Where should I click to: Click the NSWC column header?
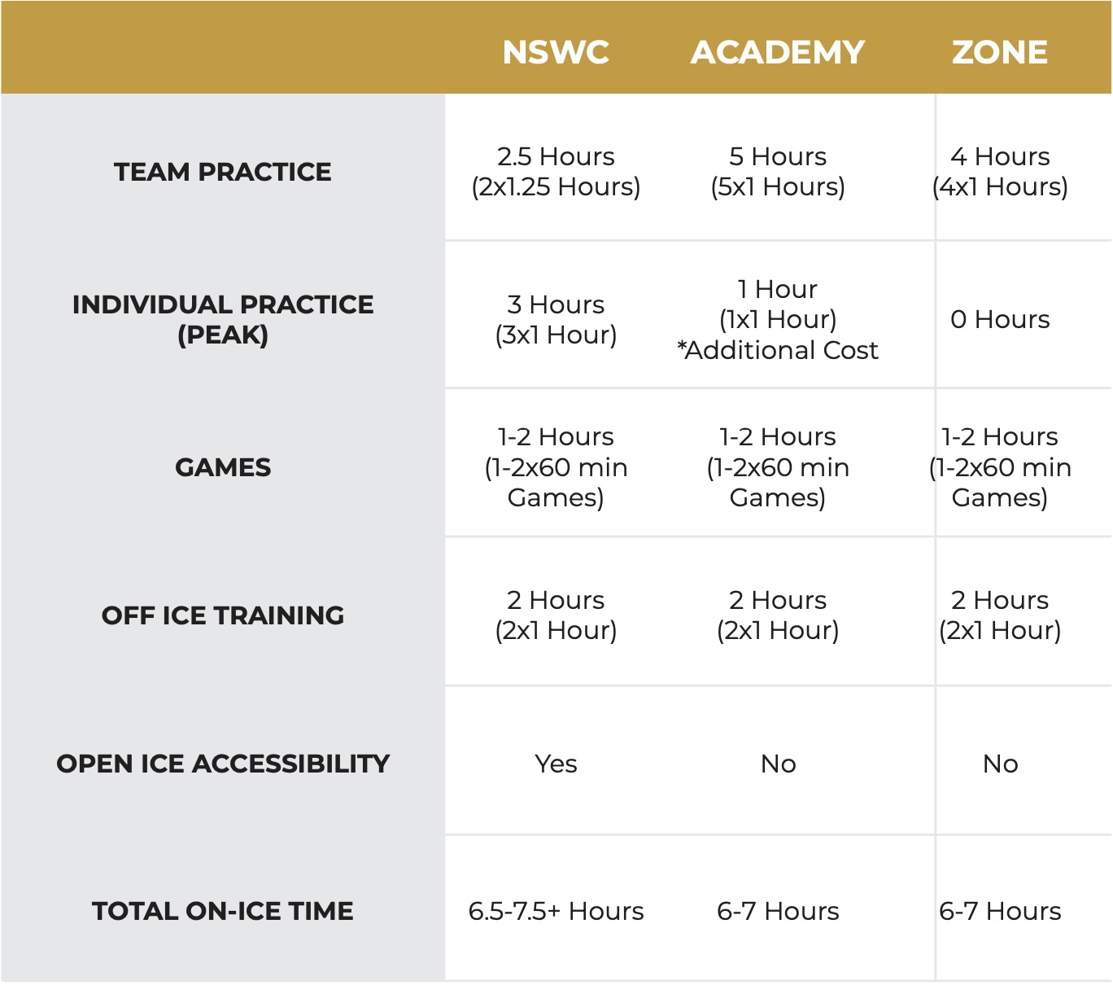pos(556,52)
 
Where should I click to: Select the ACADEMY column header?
pos(777,52)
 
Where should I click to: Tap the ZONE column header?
pos(999,52)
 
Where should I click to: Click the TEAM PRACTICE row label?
pos(222,172)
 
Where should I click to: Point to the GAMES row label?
pos(222,468)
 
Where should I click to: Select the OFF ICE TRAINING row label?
pos(222,615)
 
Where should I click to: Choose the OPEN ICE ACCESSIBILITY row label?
pos(222,764)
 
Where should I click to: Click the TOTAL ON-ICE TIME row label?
pos(222,911)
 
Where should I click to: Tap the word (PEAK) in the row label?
pos(222,335)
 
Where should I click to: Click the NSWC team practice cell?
pos(556,172)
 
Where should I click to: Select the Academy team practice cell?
pos(777,172)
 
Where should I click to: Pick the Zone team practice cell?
pos(1000,172)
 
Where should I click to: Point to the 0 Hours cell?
pos(1000,319)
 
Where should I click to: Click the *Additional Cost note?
pos(777,350)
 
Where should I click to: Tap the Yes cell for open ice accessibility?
pos(556,764)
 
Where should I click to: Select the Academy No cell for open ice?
pos(778,764)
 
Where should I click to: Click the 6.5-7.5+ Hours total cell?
pos(556,912)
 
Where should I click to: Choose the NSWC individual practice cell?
pos(556,320)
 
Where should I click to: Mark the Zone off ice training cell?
pos(1000,615)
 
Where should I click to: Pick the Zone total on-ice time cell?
pos(1000,912)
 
